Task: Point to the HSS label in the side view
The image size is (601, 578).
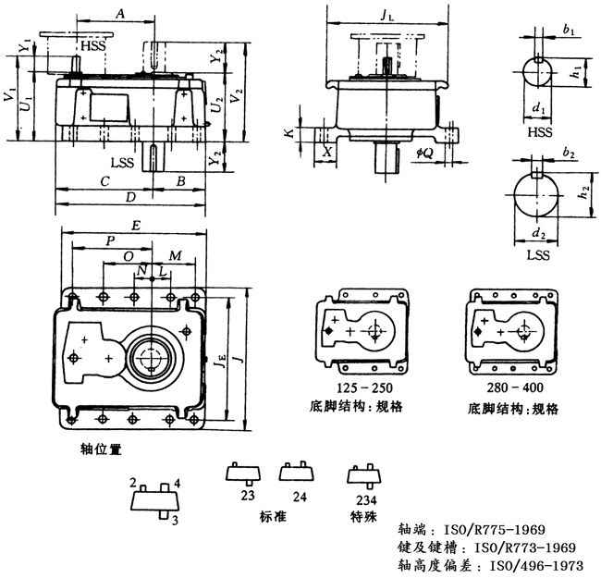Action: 92,45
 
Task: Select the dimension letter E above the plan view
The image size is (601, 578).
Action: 136,225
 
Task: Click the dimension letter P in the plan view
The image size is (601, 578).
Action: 111,240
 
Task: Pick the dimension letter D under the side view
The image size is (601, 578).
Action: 129,197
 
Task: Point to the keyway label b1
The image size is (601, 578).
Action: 567,31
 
